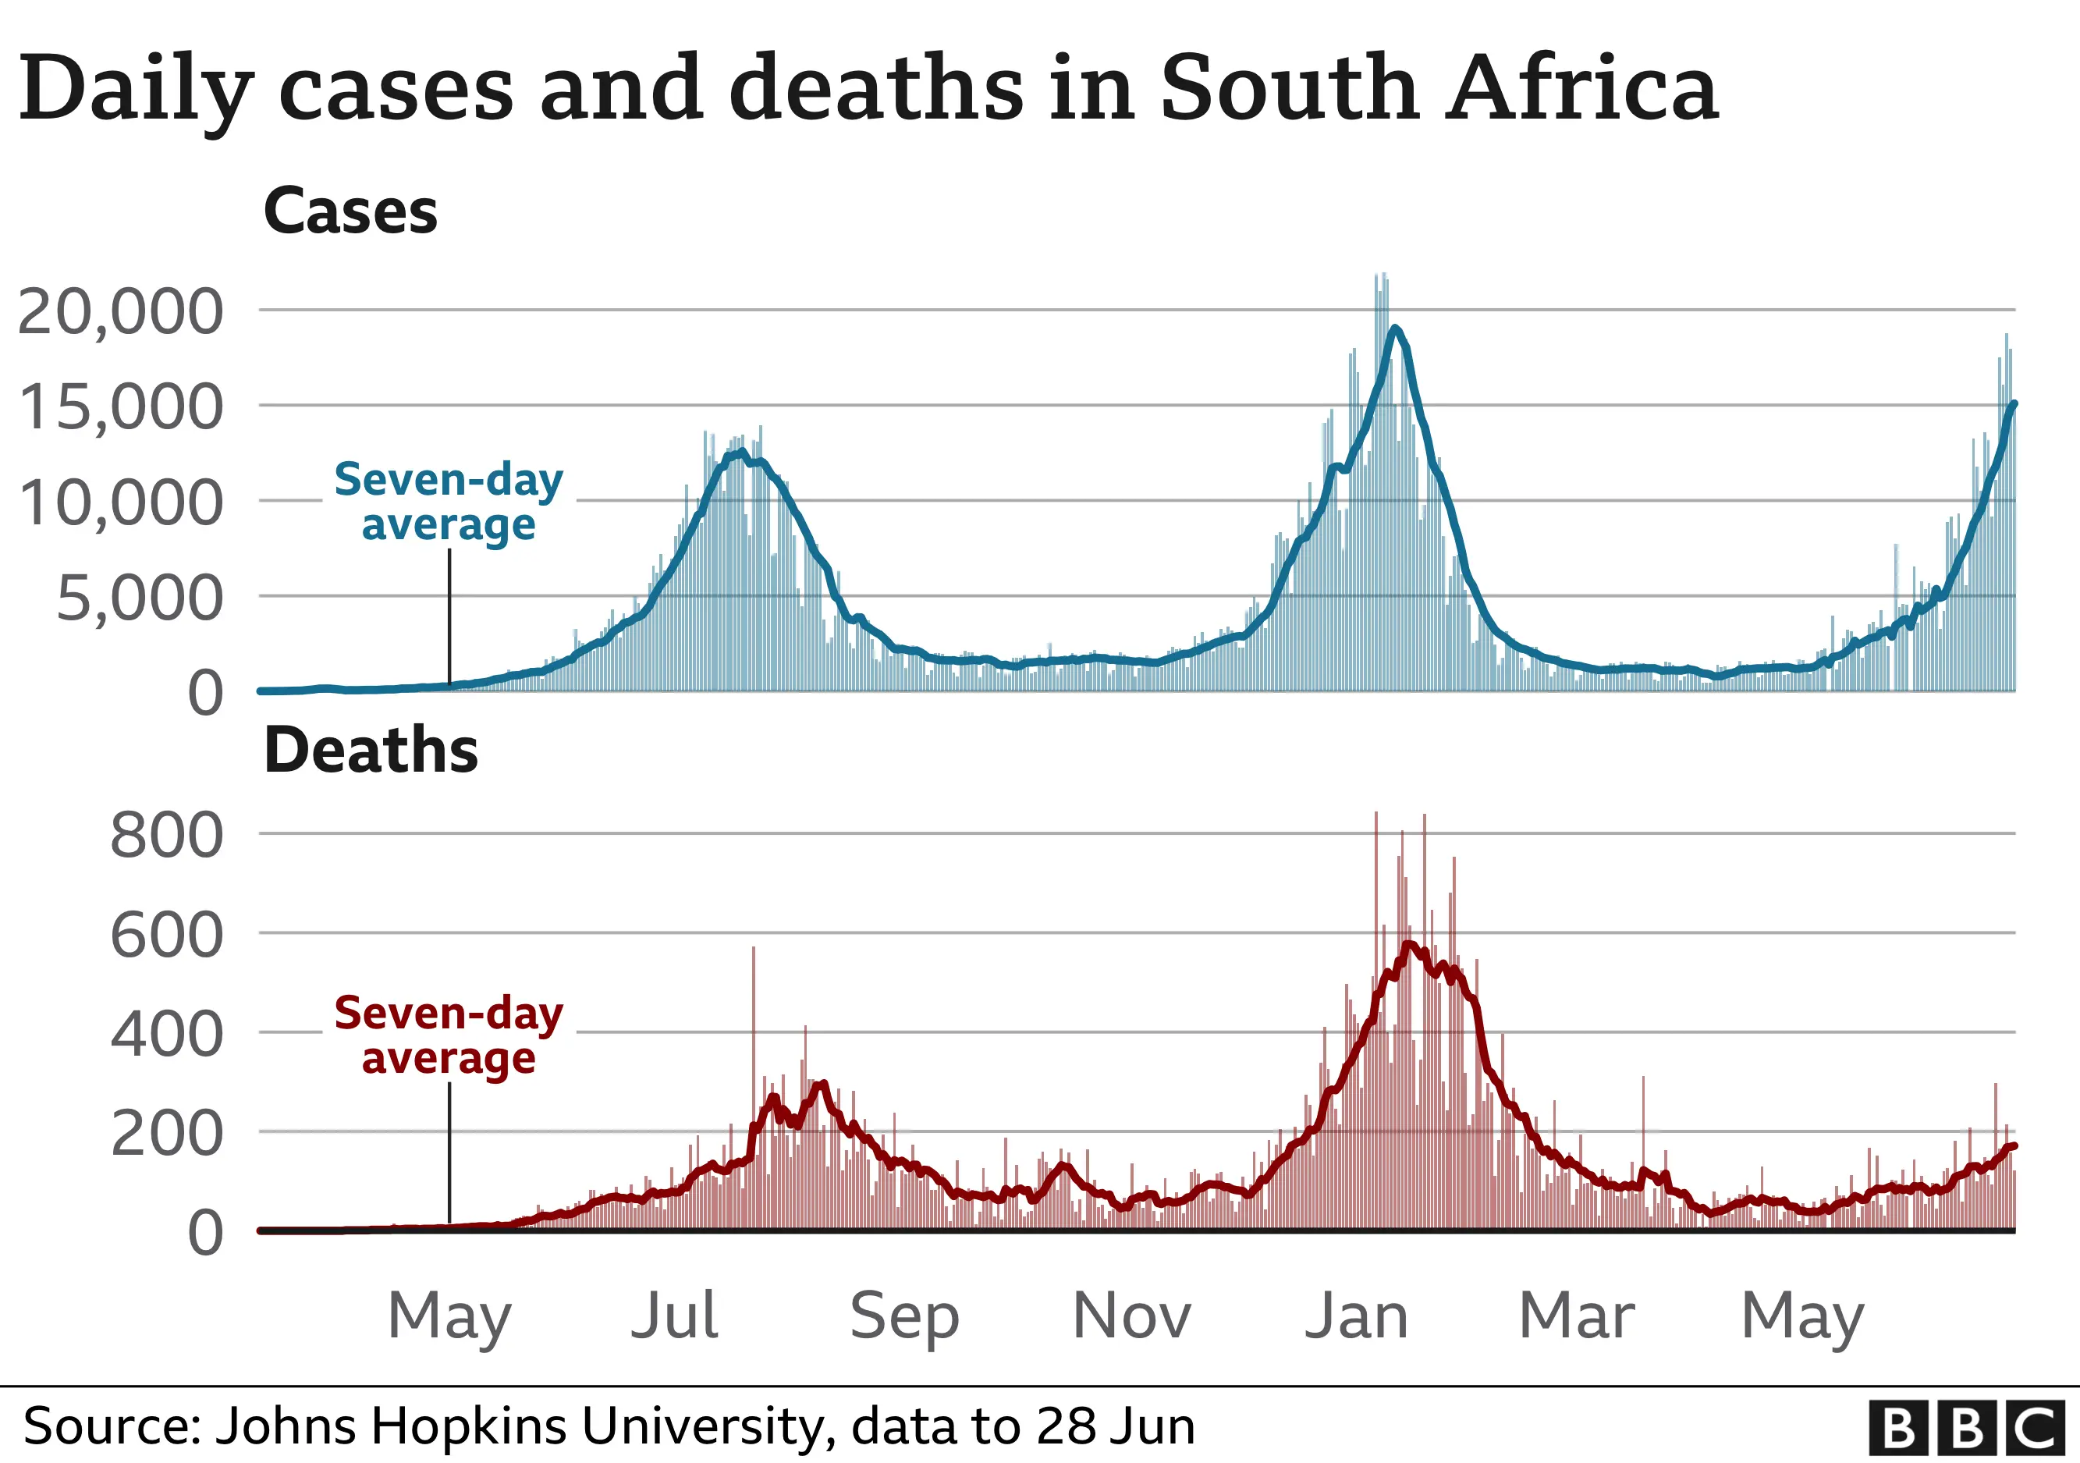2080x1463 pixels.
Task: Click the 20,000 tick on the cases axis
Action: [119, 311]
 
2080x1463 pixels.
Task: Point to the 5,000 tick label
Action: [139, 598]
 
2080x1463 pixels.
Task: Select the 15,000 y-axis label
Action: [119, 407]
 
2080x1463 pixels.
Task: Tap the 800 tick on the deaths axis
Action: [165, 834]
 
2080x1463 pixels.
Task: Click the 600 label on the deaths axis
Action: [165, 934]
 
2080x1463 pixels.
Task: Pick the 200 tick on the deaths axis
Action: [165, 1132]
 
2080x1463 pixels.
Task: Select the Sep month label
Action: [903, 1316]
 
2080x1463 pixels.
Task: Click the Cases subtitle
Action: [350, 211]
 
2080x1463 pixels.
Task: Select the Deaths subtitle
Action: [371, 750]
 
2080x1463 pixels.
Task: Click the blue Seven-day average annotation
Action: [449, 502]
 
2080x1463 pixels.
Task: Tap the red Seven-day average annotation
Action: [449, 1035]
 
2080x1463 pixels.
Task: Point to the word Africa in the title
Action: [1581, 88]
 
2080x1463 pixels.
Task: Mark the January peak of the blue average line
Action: [1395, 328]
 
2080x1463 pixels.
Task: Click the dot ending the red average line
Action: [2013, 1146]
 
